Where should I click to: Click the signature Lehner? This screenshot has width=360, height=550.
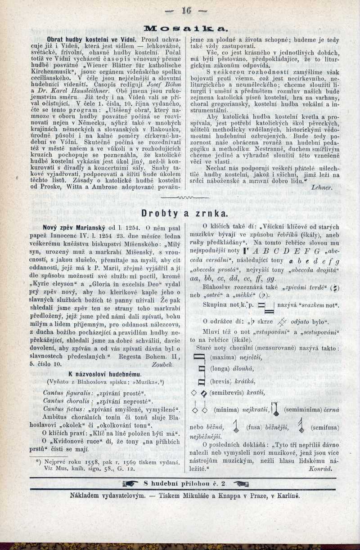click(x=321, y=187)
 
